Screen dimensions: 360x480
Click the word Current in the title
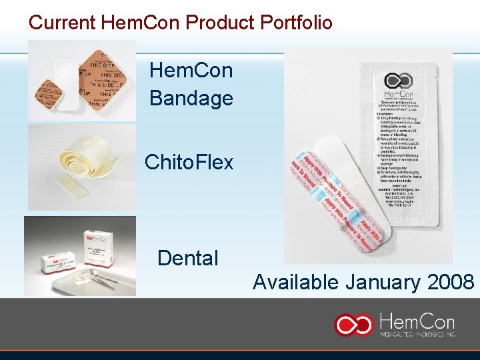(62, 22)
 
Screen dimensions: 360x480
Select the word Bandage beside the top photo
(191, 99)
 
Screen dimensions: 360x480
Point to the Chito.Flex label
(189, 161)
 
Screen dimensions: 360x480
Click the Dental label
(187, 258)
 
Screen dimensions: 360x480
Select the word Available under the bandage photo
(295, 282)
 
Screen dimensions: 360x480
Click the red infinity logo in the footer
(354, 324)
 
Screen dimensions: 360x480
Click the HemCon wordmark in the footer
(417, 319)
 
